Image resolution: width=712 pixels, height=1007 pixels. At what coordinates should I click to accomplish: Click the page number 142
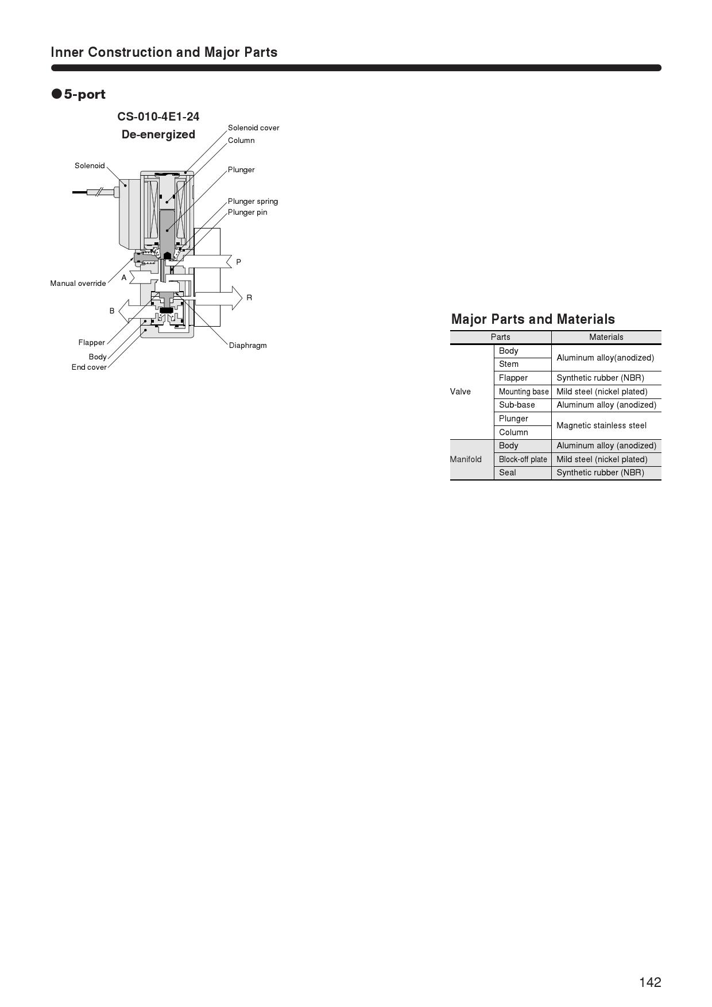click(x=650, y=982)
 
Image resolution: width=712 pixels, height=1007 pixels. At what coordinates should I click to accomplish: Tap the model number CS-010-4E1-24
click(x=158, y=117)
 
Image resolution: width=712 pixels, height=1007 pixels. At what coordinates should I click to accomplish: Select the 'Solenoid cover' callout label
click(x=253, y=128)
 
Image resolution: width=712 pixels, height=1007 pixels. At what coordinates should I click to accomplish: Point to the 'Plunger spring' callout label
click(x=253, y=202)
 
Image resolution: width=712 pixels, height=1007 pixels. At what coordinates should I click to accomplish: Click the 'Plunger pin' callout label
click(x=247, y=212)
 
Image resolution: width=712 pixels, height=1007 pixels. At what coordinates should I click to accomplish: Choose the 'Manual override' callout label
click(x=78, y=284)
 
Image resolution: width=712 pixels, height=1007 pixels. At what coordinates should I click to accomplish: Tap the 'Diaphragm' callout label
click(x=247, y=346)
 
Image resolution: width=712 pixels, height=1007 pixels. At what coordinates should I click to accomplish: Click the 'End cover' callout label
click(x=89, y=367)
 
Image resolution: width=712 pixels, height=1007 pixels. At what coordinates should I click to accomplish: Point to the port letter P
click(x=238, y=262)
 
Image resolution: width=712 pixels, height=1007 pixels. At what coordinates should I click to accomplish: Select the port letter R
click(x=249, y=298)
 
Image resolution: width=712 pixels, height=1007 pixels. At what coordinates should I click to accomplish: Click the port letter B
click(x=112, y=311)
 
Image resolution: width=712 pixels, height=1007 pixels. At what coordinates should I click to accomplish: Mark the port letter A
click(x=123, y=278)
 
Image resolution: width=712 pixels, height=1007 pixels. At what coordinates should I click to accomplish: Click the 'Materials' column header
click(x=606, y=338)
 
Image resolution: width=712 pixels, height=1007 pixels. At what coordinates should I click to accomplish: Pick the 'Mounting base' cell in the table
click(x=524, y=392)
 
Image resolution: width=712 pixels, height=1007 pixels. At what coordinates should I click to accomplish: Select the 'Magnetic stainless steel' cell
click(x=601, y=425)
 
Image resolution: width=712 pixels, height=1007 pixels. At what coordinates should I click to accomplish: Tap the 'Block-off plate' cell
click(x=523, y=459)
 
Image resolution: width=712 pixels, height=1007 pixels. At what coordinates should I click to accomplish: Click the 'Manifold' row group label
click(x=466, y=459)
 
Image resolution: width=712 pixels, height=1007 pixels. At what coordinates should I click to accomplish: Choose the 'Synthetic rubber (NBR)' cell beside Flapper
click(x=600, y=378)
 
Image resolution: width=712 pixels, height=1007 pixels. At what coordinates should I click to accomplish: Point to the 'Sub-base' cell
click(x=517, y=405)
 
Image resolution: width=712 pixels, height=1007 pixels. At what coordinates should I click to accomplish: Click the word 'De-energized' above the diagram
click(x=158, y=135)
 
